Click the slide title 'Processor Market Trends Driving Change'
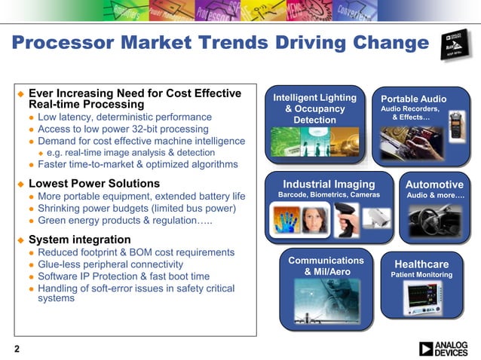(x=220, y=44)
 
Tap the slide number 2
(x=17, y=349)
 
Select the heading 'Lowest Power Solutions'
(x=93, y=184)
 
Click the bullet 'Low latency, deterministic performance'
(x=124, y=117)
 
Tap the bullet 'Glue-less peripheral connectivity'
(x=110, y=264)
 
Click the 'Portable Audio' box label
(x=414, y=99)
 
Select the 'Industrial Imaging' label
(x=329, y=185)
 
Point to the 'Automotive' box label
(x=434, y=185)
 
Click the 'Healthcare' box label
(x=421, y=264)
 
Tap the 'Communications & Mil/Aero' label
(x=326, y=266)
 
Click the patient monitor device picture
(x=423, y=302)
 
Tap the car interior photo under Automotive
(x=435, y=221)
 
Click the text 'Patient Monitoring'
(x=421, y=275)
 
